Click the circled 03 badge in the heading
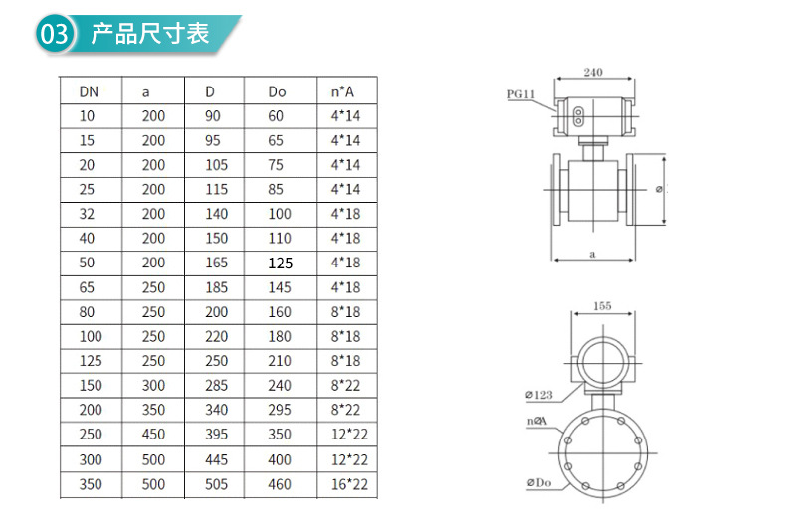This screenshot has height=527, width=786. click(x=55, y=34)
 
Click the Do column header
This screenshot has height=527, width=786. click(x=277, y=91)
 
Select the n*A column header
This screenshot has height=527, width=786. click(x=342, y=91)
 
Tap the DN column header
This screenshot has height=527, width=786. click(x=89, y=91)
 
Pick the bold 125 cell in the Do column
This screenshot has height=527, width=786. click(x=280, y=263)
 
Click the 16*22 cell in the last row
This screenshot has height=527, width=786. click(x=349, y=484)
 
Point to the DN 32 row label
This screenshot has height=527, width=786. click(x=87, y=214)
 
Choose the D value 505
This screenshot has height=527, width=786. click(x=217, y=484)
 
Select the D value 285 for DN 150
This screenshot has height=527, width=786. click(x=217, y=385)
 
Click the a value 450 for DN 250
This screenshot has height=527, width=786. click(x=153, y=434)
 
